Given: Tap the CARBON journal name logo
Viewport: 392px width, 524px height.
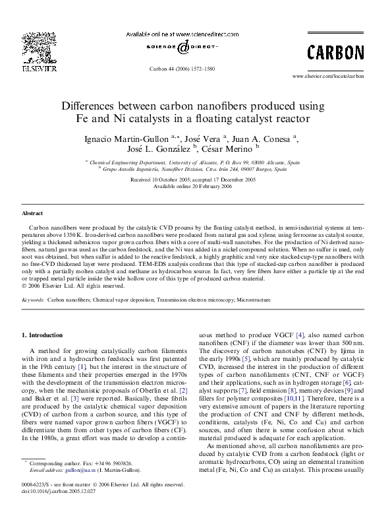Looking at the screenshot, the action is point(335,52).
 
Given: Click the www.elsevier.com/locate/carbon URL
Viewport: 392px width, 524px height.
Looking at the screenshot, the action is point(327,76).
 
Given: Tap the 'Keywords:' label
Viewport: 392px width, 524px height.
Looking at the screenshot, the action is point(34,299).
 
